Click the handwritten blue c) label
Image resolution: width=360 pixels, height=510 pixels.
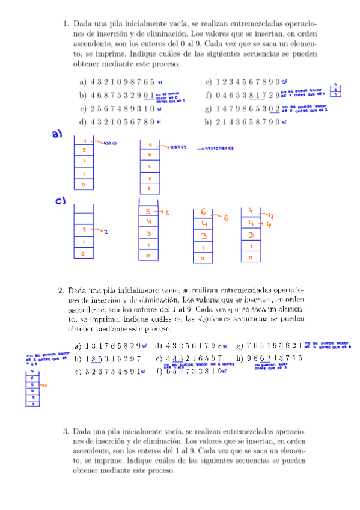pyautogui.click(x=61, y=202)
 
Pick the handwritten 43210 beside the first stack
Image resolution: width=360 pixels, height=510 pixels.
pyautogui.click(x=109, y=144)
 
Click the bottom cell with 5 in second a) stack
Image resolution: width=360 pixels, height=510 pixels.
pyautogui.click(x=150, y=189)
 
